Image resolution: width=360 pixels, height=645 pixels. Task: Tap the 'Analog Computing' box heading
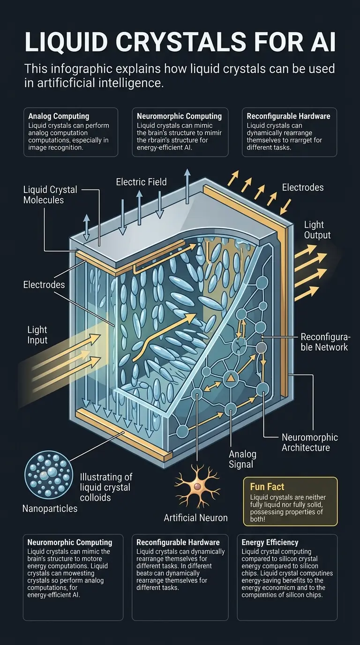59,116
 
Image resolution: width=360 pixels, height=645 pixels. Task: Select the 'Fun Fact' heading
267,487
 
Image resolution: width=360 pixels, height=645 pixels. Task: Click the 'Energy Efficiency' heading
270,542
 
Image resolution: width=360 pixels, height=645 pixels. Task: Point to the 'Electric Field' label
141,181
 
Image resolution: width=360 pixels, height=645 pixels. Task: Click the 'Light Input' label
37,336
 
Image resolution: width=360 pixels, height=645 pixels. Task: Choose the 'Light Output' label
317,230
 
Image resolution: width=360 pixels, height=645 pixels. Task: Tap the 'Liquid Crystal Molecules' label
50,195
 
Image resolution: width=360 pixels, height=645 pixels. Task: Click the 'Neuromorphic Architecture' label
309,442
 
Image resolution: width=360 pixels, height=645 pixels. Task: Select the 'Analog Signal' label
242,459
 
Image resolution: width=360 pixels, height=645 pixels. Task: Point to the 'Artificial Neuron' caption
195,517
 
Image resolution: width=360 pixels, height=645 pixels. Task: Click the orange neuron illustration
197,487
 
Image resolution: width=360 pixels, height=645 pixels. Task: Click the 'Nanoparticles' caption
50,508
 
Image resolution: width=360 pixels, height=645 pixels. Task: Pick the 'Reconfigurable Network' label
324,342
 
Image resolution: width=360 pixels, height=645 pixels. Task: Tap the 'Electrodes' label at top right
303,187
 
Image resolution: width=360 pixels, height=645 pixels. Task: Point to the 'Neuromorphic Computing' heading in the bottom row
70,542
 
